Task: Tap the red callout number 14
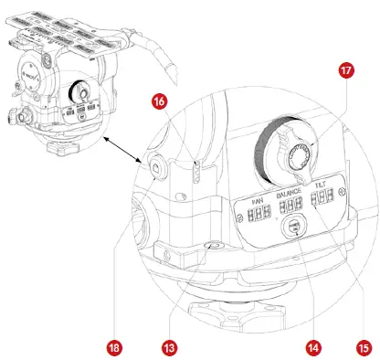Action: pos(312,347)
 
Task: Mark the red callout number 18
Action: pos(114,347)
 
